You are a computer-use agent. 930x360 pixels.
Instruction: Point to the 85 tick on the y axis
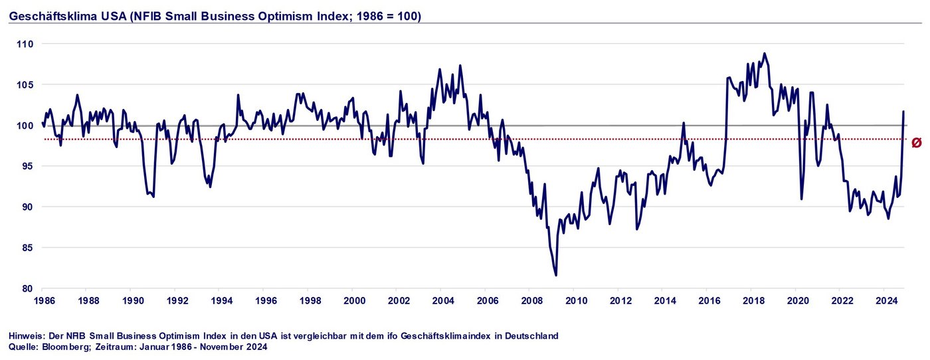click(x=27, y=248)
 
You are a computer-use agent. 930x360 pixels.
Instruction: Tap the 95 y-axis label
click(x=27, y=166)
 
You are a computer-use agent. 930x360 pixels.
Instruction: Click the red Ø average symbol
click(x=917, y=143)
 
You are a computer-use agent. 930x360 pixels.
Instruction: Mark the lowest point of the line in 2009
click(x=555, y=275)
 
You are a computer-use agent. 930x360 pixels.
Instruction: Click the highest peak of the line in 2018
click(x=765, y=53)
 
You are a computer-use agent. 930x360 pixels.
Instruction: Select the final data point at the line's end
click(x=903, y=111)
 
